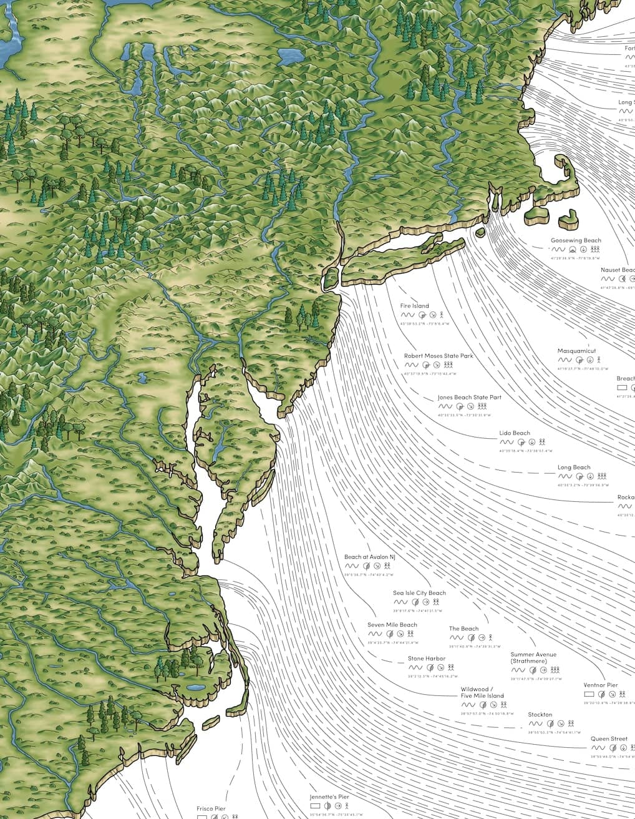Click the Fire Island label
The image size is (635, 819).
(415, 306)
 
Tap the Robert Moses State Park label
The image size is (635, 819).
(439, 356)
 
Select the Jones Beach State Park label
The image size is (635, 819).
(469, 397)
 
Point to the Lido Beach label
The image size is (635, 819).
(515, 433)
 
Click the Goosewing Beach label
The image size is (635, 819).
(576, 240)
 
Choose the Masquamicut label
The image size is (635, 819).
(576, 351)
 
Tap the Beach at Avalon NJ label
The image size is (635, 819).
(370, 557)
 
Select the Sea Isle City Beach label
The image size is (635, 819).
(419, 593)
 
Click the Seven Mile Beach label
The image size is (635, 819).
(392, 625)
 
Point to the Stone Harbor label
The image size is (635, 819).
(427, 659)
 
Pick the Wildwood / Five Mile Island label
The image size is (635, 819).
(482, 692)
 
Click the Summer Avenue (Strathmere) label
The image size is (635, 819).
(533, 658)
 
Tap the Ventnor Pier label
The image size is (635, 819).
(601, 685)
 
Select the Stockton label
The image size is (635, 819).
(540, 715)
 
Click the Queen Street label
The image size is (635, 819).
(609, 739)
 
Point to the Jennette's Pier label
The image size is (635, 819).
(329, 797)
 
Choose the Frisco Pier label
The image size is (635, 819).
(211, 808)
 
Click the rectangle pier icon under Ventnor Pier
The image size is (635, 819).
(589, 694)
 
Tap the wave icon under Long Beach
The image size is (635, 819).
(564, 476)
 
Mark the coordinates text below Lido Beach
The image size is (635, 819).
(525, 451)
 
